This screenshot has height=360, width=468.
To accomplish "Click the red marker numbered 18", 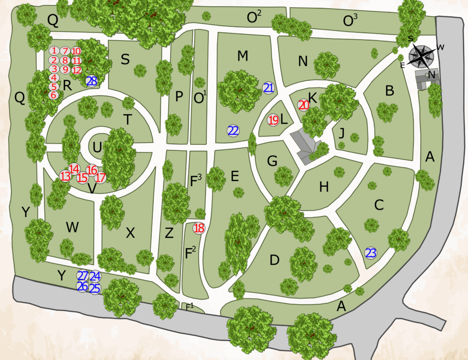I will tap(199, 228).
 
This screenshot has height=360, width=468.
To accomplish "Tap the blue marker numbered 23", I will tap(371, 253).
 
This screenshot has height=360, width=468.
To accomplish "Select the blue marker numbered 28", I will tap(92, 81).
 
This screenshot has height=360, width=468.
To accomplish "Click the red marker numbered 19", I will tap(273, 120).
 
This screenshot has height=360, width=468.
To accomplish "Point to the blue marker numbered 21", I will tap(268, 88).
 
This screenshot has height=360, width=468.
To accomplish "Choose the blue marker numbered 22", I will tap(233, 131).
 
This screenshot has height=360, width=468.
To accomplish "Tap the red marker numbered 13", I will tap(65, 176).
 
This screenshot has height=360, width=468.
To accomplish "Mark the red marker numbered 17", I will tap(100, 178).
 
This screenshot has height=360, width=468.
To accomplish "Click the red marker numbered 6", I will tap(53, 95).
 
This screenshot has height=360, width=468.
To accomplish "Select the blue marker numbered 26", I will tap(82, 286).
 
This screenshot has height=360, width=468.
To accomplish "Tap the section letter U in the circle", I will tap(97, 148).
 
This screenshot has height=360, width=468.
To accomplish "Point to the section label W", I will tap(72, 227).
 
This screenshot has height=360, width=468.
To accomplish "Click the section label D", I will tap(274, 260).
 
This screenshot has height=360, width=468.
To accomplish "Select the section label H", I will tap(324, 187).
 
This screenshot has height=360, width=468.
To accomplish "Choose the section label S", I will tap(125, 60).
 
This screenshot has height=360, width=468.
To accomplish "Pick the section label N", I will tap(303, 61).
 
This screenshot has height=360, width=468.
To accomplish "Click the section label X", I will tap(130, 233).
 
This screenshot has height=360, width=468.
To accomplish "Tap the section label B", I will tap(390, 91).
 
